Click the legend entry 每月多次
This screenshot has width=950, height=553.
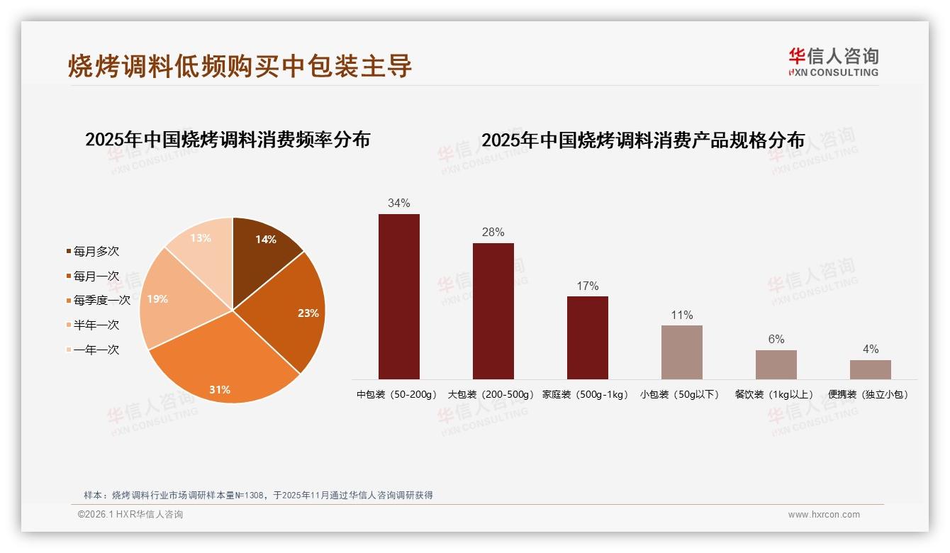[96, 251]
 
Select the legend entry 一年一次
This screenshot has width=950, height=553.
[96, 350]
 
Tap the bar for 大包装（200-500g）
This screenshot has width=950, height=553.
[493, 311]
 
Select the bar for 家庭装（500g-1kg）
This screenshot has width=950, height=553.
[588, 337]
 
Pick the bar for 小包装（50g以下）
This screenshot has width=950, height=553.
[682, 352]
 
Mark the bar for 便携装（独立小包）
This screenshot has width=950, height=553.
[871, 369]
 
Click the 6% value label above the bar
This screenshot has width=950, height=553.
[776, 340]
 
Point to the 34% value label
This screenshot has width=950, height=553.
[399, 203]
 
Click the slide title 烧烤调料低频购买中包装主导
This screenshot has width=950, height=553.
[240, 66]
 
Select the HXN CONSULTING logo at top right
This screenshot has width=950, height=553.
[833, 62]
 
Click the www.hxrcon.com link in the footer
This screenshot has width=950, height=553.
[824, 515]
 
